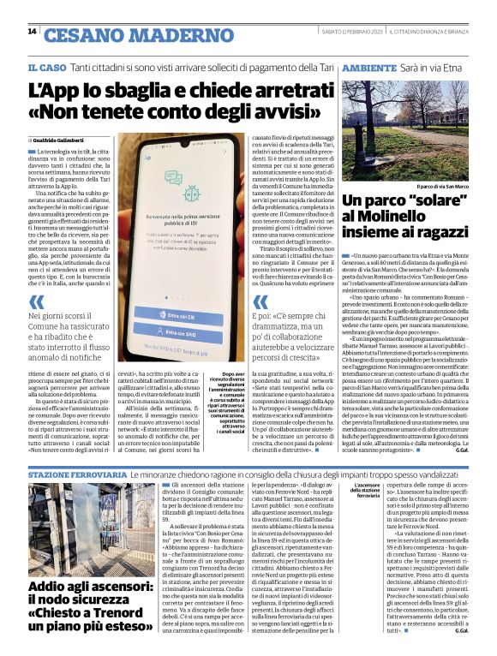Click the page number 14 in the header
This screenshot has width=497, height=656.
31,32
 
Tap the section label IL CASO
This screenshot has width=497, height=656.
46,67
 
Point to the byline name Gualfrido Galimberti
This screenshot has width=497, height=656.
61,139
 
